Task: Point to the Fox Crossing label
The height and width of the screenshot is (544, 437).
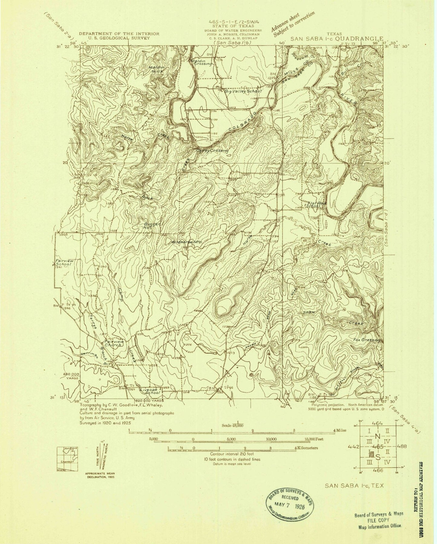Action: pyautogui.click(x=366, y=340)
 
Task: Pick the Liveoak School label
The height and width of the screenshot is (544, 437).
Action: pyautogui.click(x=150, y=392)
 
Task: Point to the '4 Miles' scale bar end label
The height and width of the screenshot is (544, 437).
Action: pyautogui.click(x=339, y=430)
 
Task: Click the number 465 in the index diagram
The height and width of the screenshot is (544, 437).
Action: pyautogui.click(x=378, y=447)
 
